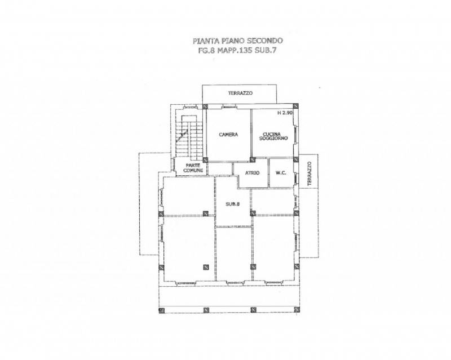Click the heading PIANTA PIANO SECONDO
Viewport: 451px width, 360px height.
(x=237, y=41)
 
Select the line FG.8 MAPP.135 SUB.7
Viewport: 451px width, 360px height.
(x=237, y=51)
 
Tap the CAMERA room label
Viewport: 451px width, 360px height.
(x=228, y=134)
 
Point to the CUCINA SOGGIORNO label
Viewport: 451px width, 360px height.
(x=273, y=136)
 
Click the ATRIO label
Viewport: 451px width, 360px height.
(x=252, y=173)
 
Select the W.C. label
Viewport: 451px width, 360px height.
(x=281, y=173)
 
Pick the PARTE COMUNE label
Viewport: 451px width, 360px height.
(x=193, y=168)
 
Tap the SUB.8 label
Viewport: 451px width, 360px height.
(x=233, y=204)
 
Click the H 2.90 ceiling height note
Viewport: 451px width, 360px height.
(x=285, y=113)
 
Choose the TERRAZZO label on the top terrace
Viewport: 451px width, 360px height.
(x=241, y=93)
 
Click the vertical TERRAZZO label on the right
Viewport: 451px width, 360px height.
(x=309, y=174)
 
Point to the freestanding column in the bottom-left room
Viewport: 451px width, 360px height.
(x=206, y=267)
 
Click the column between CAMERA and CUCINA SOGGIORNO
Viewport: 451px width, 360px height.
(x=252, y=159)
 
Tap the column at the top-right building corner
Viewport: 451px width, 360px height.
(x=295, y=106)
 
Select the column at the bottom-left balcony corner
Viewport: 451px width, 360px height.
(x=161, y=310)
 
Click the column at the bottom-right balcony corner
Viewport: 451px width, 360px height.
(x=297, y=310)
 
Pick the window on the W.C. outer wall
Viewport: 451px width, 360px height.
(x=296, y=178)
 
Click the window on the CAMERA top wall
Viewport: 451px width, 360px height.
(x=229, y=108)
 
